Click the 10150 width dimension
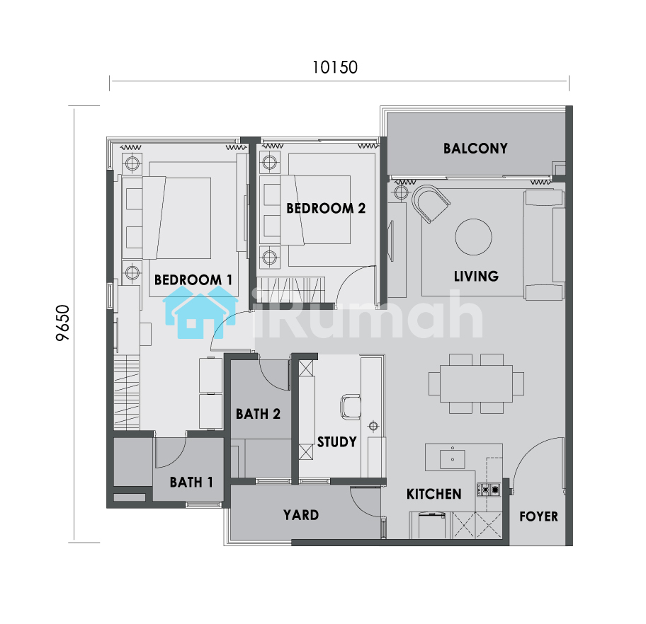[334, 67]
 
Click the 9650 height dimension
[62, 323]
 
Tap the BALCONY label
[475, 149]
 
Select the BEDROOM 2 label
[326, 208]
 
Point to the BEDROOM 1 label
[193, 280]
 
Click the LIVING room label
[476, 276]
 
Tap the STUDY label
[336, 442]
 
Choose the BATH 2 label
[258, 414]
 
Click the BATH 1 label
[191, 482]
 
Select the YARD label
[301, 515]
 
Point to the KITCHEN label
[433, 494]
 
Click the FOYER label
[538, 516]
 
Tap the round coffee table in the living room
[473, 237]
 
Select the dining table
[476, 383]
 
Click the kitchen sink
[453, 459]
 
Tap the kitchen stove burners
[489, 490]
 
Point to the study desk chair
[350, 407]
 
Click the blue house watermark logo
[200, 313]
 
